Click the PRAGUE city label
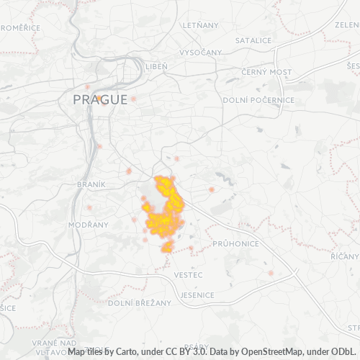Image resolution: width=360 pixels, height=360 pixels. point(99,100)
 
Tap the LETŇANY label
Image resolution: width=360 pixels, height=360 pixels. point(200,25)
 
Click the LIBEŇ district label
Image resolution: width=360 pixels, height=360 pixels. point(156,66)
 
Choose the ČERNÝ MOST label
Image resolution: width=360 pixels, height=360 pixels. point(266,72)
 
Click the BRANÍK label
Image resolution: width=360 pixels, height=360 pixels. point(91,184)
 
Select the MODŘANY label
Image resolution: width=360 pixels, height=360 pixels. point(88,225)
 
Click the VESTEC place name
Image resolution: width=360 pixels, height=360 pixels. point(188,276)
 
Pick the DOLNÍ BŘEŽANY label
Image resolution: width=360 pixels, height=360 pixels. point(140,304)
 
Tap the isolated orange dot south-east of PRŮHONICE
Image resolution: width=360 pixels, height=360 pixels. point(271,273)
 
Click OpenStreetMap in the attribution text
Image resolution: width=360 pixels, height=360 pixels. point(272,351)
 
